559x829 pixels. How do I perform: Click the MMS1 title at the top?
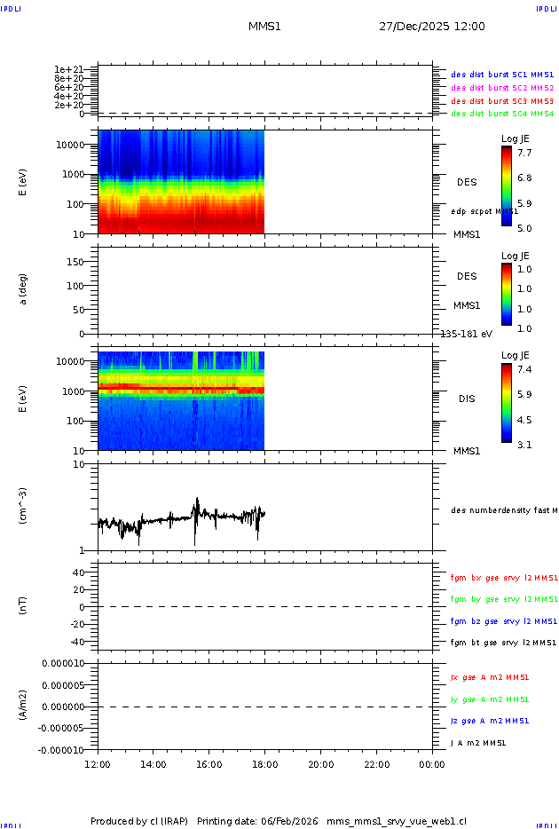coord(264,27)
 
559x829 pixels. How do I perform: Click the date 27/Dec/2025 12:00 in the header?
coord(432,27)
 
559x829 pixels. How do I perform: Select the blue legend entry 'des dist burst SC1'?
coord(502,75)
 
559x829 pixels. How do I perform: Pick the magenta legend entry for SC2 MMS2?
coord(502,88)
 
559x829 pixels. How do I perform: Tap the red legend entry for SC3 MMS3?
coord(502,101)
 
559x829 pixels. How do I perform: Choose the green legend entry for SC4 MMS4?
coord(502,114)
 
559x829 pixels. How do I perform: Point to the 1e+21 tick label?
coord(68,69)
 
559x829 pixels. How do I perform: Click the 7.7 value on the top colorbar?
coord(524,153)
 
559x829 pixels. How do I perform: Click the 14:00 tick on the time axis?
coord(154,764)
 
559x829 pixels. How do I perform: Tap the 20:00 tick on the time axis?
coord(321,764)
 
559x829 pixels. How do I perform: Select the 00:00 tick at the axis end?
coord(432,764)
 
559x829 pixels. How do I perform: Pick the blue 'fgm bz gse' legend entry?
coord(503,621)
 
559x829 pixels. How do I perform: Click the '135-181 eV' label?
coord(467,334)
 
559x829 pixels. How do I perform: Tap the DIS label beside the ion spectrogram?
coord(467,399)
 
